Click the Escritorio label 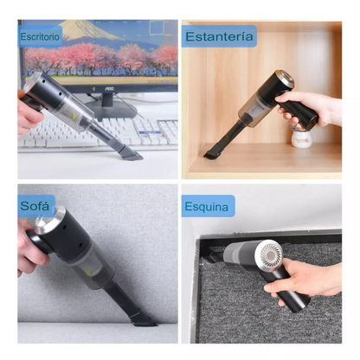click(40, 37)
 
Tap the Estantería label click(219, 36)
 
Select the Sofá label click(37, 206)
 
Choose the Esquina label click(209, 207)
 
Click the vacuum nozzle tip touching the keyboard click(130, 154)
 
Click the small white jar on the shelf click(301, 136)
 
